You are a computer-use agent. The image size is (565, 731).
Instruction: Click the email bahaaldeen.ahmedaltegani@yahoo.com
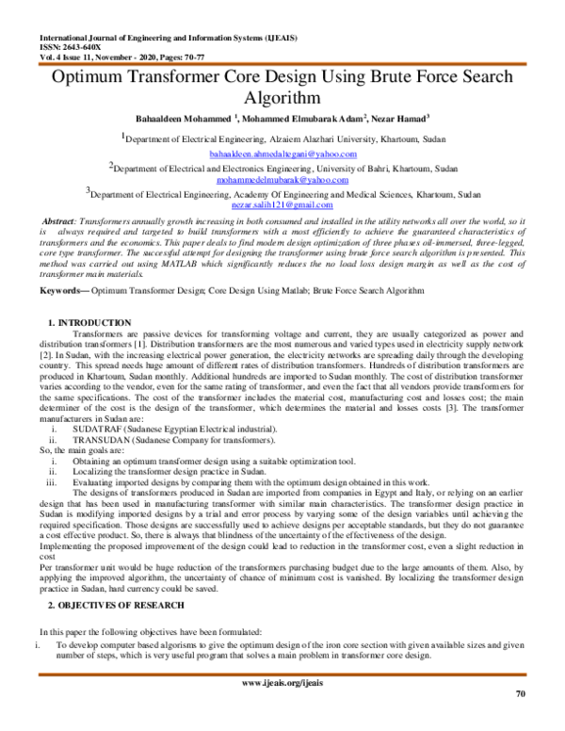282,154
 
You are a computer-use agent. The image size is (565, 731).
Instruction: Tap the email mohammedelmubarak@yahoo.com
282,179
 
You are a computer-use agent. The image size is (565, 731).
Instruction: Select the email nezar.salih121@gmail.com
282,203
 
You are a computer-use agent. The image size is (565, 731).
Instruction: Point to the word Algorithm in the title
282,97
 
